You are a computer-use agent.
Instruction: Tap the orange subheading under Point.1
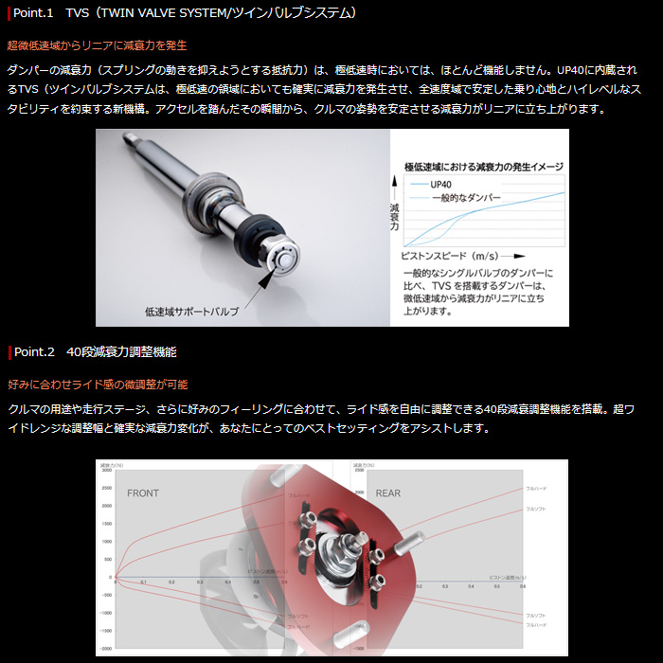97,45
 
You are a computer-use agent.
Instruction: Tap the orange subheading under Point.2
97,384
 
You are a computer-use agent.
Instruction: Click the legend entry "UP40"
441,185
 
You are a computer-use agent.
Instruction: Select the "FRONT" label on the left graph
143,493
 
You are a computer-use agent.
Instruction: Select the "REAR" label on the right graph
387,493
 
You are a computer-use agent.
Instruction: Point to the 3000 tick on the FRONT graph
106,471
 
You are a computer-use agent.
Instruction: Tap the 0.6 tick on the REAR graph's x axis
523,586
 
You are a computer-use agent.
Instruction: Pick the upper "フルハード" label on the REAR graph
536,486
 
